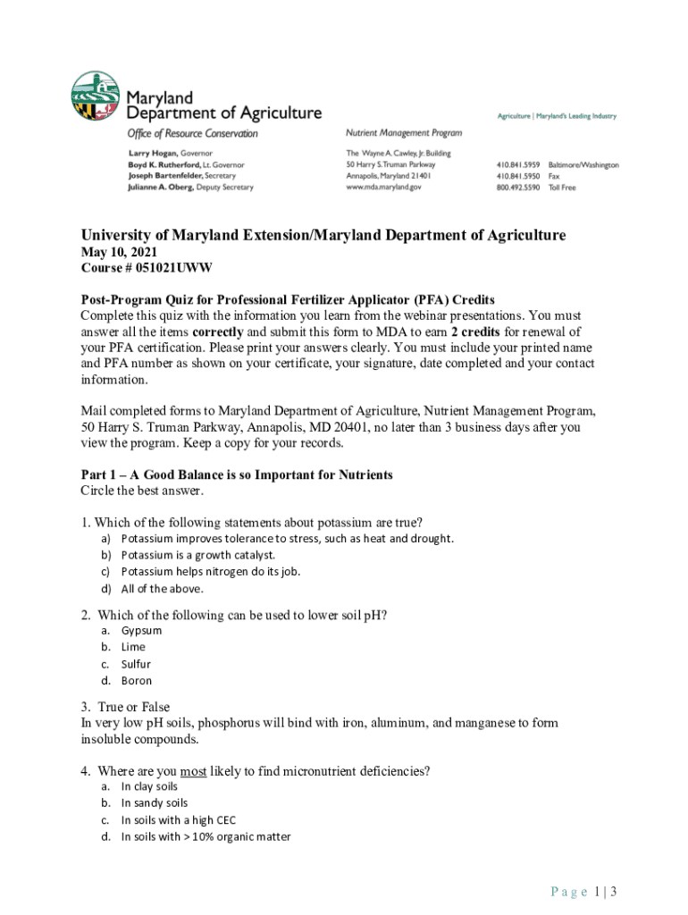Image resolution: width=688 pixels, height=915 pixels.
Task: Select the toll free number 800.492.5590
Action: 517,188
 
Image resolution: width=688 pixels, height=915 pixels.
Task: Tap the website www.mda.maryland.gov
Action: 383,188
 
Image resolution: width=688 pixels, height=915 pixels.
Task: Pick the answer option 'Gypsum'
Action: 141,630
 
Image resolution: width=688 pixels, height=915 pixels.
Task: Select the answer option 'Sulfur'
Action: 136,664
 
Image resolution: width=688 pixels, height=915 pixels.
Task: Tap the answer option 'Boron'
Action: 136,680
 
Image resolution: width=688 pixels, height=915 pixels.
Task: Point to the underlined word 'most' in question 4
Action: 193,770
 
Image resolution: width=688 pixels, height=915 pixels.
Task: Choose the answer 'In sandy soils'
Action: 154,802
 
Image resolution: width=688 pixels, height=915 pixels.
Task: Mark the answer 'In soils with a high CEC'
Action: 178,819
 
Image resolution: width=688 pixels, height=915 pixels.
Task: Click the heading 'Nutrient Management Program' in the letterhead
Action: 404,133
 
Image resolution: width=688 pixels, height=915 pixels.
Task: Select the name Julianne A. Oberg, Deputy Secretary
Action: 190,188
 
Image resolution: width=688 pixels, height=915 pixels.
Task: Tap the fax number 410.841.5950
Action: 517,176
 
